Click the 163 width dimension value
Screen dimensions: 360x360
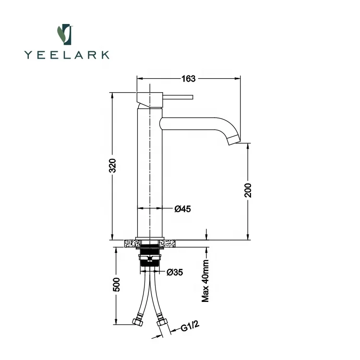(x=188, y=79)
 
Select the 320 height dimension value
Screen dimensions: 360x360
(x=112, y=165)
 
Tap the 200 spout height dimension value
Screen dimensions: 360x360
(x=248, y=191)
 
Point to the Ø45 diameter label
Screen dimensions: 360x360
(x=182, y=209)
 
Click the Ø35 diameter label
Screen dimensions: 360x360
(x=175, y=272)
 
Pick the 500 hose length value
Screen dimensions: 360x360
(x=117, y=285)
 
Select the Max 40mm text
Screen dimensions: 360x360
(x=205, y=281)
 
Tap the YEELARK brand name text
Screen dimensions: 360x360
(x=67, y=55)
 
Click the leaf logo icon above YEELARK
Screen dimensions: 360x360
(x=65, y=35)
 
